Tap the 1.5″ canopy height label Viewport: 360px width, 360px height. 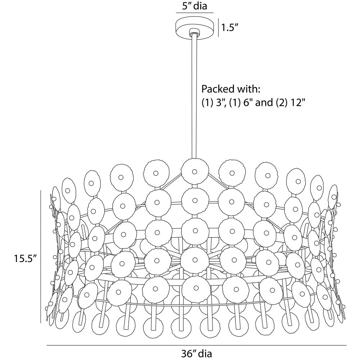[230, 28]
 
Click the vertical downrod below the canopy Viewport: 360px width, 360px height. [195, 97]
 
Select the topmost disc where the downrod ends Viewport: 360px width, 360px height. [195, 171]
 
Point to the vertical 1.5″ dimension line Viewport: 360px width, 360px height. [218, 28]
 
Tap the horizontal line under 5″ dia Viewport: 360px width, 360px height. [194, 13]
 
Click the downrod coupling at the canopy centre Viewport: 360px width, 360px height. [194, 32]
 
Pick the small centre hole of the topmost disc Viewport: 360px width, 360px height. [195, 171]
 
